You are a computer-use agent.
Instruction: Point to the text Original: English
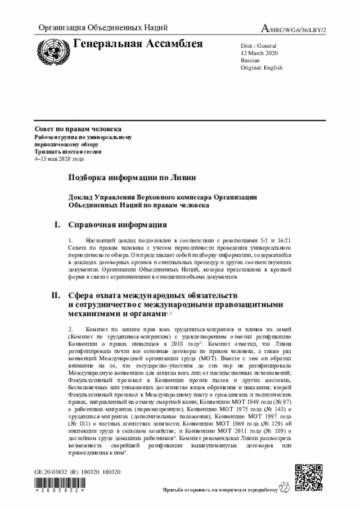point(262,67)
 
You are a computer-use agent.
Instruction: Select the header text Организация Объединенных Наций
point(103,28)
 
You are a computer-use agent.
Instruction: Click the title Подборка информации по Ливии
point(132,177)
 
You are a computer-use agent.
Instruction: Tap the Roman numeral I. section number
point(57,225)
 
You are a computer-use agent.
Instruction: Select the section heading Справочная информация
point(118,225)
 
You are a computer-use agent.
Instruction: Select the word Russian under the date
point(250,60)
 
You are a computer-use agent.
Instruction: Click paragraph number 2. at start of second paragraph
point(71,328)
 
